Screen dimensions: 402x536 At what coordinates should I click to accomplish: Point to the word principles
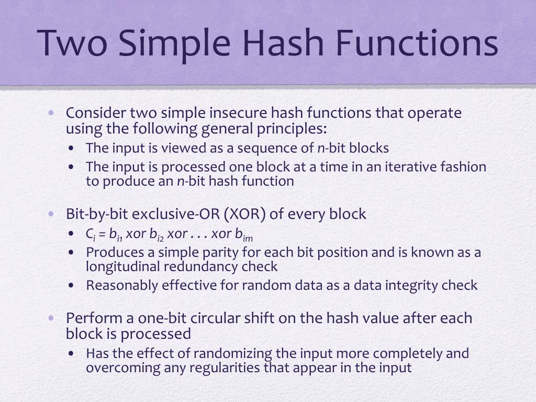(293, 129)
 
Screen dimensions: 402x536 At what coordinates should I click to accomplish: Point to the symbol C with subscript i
(90, 234)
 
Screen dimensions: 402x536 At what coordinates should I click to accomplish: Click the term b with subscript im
(247, 234)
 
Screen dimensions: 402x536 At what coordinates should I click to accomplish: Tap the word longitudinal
(122, 266)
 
